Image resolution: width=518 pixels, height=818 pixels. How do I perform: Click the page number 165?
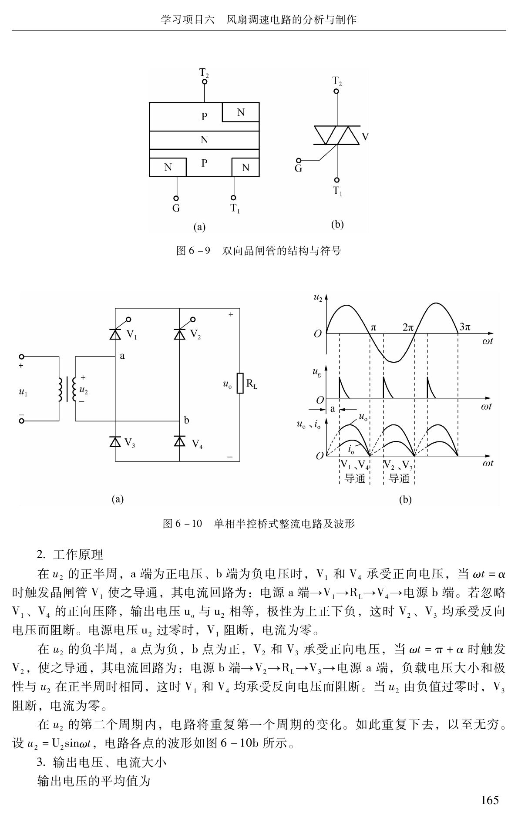[x=490, y=800]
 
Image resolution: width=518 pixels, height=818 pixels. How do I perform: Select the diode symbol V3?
[x=115, y=441]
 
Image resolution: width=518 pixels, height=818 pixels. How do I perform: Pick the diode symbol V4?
[x=180, y=441]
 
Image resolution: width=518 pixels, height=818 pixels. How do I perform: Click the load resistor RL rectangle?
[x=240, y=383]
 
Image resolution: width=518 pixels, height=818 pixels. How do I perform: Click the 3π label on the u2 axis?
[x=465, y=327]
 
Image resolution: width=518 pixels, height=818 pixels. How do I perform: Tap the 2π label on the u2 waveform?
[x=408, y=327]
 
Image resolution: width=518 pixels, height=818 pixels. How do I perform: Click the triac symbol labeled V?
[x=337, y=135]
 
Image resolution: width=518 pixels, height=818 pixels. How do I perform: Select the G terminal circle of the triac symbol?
[x=299, y=161]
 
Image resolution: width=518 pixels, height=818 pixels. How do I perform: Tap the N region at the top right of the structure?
[x=241, y=112]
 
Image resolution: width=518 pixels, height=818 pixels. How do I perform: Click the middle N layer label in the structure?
[x=204, y=140]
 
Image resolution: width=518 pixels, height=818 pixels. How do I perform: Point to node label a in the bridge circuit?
[x=122, y=356]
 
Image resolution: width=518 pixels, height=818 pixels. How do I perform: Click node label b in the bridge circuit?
[x=186, y=420]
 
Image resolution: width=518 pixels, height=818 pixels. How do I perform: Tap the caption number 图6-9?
[x=193, y=251]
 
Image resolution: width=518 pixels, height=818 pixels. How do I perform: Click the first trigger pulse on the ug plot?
[x=343, y=387]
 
